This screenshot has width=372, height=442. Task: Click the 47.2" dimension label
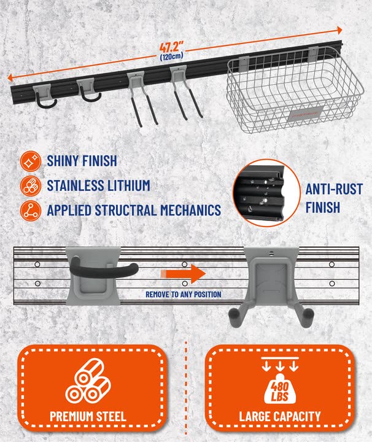[171, 47]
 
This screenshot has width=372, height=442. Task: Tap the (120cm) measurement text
[172, 56]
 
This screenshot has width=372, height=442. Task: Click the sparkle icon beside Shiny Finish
[31, 161]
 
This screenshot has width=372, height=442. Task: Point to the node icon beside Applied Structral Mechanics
[31, 211]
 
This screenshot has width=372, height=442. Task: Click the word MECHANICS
[190, 211]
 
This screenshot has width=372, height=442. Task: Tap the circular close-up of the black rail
[266, 193]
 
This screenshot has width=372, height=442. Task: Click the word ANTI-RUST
[334, 189]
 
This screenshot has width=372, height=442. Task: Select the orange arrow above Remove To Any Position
[183, 274]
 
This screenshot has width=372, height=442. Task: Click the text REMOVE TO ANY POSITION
[184, 294]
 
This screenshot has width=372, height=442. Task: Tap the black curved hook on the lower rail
[103, 267]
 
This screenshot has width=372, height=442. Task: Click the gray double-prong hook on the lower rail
[271, 287]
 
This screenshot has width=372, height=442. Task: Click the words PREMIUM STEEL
[88, 416]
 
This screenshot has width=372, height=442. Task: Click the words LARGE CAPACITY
[280, 416]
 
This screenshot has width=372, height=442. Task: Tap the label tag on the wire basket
[306, 114]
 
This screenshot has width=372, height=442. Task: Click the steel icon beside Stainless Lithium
[31, 186]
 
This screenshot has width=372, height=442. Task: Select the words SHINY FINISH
[82, 161]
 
